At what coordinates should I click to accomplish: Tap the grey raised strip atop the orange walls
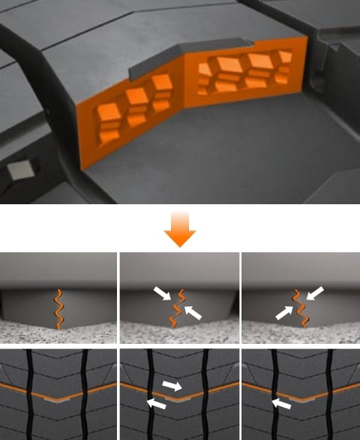point(180,60)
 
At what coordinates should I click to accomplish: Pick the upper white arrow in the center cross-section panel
point(163,294)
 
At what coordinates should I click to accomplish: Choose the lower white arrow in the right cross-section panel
point(284,312)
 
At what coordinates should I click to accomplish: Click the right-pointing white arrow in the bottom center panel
point(172,386)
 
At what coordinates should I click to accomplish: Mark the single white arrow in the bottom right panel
point(280,404)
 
